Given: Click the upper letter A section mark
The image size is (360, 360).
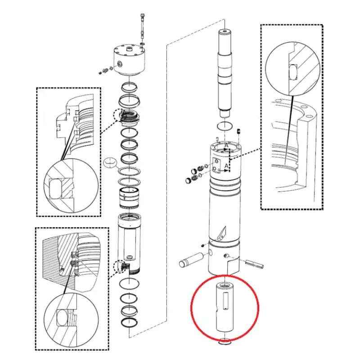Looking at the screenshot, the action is (226, 145).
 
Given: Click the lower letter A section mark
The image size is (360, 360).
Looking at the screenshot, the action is (226, 166).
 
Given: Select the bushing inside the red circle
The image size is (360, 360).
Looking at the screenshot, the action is (225, 307).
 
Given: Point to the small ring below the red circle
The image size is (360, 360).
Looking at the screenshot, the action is (225, 342).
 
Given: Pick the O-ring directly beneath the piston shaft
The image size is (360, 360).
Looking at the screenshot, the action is (225, 126).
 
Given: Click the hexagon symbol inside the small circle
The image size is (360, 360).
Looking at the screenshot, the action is (110, 162).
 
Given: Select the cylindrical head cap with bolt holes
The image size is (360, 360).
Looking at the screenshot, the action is (129, 60).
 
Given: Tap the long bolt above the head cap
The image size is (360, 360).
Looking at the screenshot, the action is (142, 29).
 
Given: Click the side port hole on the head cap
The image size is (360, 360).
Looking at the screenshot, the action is (120, 64).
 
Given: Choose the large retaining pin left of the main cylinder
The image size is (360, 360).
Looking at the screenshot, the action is (191, 260).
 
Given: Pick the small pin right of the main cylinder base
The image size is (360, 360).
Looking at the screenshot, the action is (254, 264).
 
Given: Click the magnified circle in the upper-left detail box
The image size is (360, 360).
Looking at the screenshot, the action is (71, 185).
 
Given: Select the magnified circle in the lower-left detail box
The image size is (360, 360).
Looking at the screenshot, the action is (71, 320).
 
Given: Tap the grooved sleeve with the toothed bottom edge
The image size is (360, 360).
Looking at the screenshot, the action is (129, 198).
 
